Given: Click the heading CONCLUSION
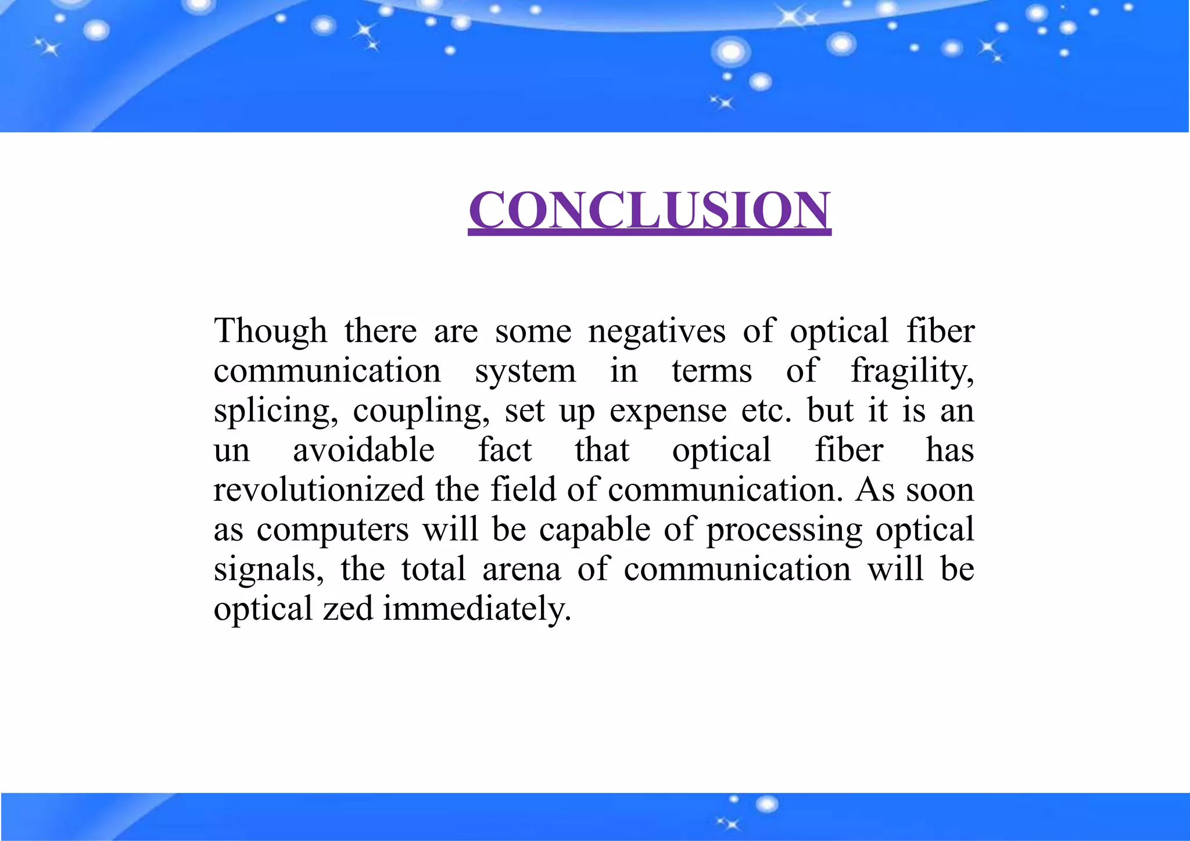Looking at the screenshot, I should (650, 210).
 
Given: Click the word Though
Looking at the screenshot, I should (271, 331).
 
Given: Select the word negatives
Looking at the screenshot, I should (657, 332).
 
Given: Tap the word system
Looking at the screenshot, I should (525, 372).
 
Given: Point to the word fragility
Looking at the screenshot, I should (912, 372).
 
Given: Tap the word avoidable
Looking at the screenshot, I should (364, 450).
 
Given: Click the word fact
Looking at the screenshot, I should (505, 450).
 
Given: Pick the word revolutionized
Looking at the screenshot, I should (319, 490).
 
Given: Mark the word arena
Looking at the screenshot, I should (522, 569).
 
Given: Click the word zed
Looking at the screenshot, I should (348, 609).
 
